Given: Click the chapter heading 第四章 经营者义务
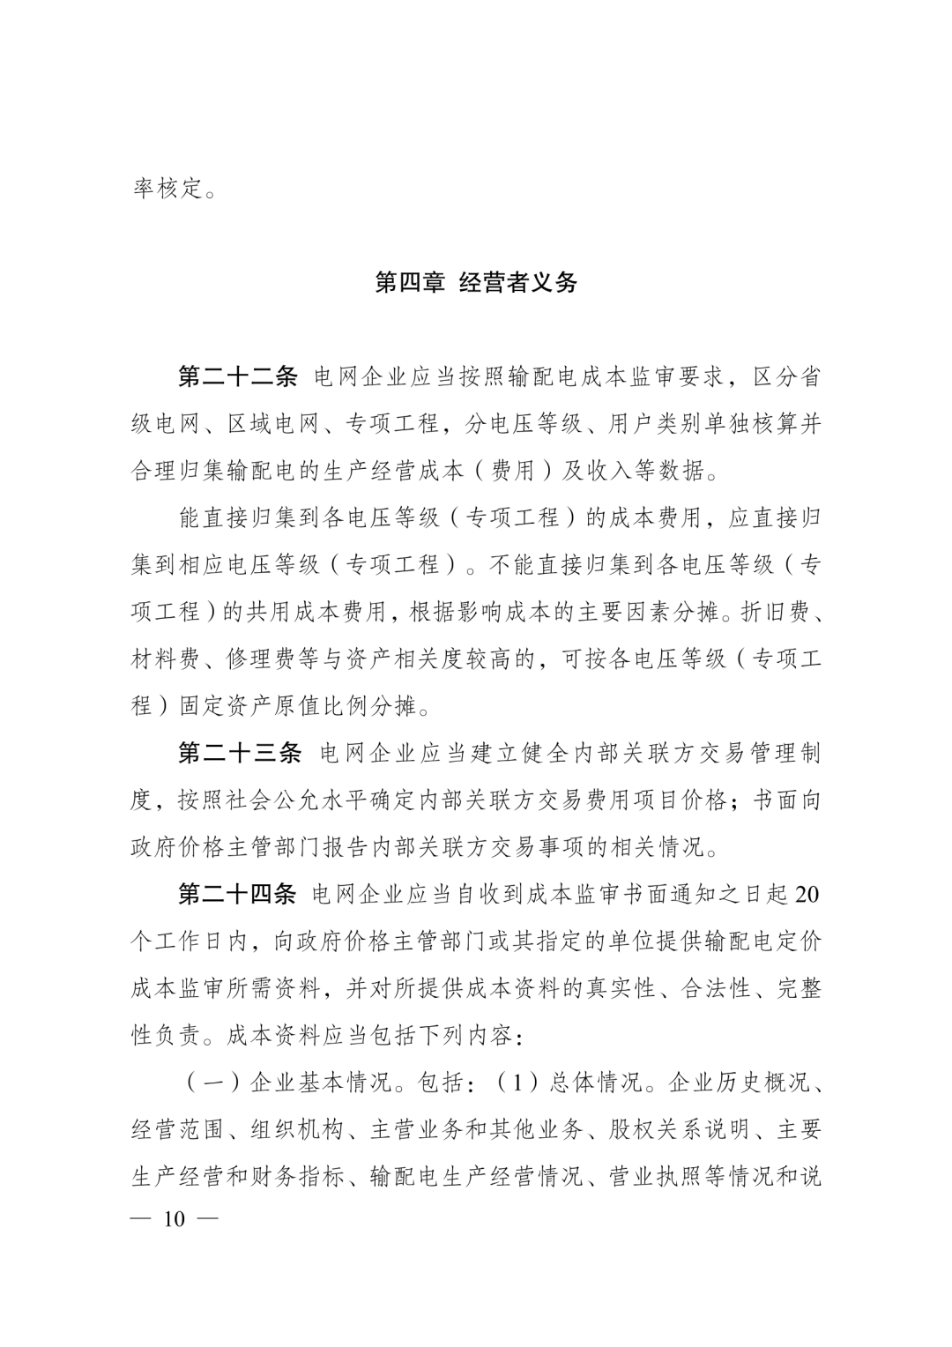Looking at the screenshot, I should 476,283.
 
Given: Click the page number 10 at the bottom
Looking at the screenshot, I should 174,1220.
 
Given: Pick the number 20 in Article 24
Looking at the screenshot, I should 807,896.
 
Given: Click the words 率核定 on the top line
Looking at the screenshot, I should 167,188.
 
